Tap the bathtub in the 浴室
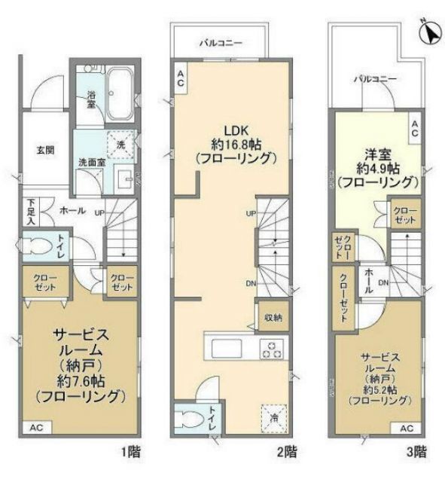point(118,95)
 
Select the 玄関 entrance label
point(44,149)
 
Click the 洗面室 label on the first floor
point(91,160)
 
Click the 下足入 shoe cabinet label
point(31,212)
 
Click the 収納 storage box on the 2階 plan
point(273,317)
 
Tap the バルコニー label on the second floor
point(221,43)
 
